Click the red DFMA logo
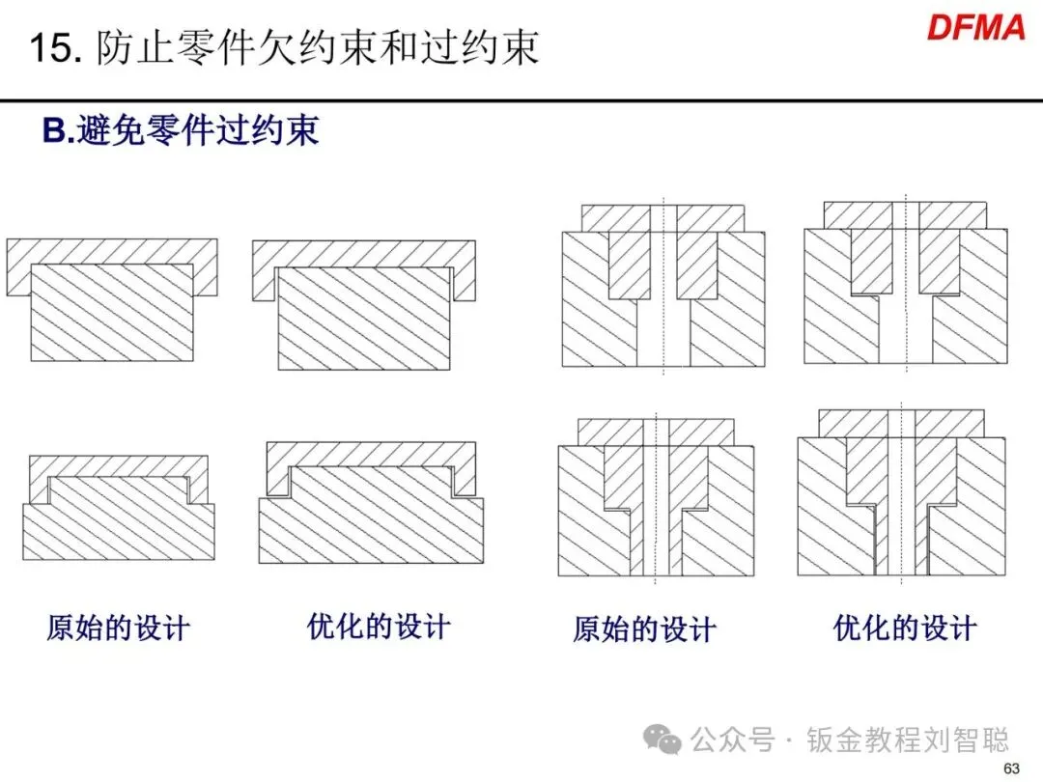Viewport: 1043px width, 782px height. click(975, 27)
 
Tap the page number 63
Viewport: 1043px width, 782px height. click(1011, 768)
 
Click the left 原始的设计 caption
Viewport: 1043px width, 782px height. click(118, 628)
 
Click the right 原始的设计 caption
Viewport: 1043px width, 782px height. click(644, 630)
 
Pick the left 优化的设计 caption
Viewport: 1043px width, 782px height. click(379, 627)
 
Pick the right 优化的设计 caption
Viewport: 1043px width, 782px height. click(905, 628)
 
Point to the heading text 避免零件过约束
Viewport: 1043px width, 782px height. click(198, 130)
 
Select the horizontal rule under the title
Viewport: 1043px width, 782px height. click(521, 99)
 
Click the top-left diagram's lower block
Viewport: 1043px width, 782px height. click(111, 314)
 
